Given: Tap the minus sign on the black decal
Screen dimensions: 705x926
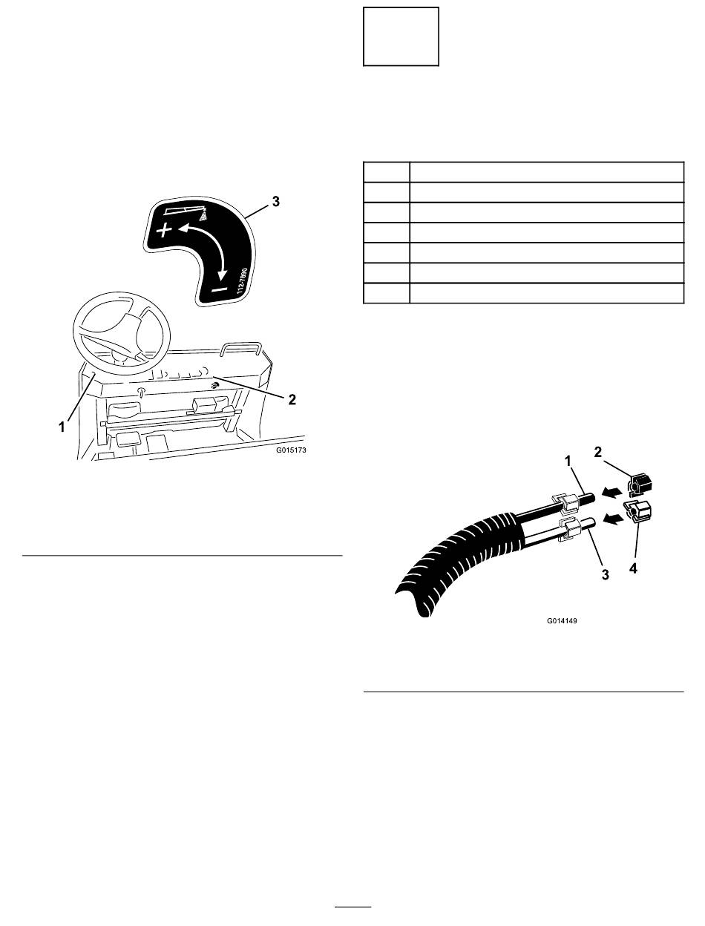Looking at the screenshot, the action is [220, 289].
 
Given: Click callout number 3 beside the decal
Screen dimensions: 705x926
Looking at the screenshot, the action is [276, 201].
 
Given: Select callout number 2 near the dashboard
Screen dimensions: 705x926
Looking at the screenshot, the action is [292, 399].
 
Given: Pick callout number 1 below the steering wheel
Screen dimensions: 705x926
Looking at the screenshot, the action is [62, 427].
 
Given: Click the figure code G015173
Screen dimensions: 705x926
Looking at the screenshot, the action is [291, 450].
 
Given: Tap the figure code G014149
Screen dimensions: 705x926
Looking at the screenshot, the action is [562, 620].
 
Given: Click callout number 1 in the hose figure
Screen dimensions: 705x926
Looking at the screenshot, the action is [568, 461].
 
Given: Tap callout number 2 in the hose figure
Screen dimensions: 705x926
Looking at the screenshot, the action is [598, 453].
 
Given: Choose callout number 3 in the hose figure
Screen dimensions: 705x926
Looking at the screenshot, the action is [606, 574].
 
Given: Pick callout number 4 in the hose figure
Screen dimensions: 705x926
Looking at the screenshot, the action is [633, 568].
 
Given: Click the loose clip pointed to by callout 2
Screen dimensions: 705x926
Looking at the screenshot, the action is [640, 485].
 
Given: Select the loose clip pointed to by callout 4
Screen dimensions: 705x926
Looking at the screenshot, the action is [638, 512].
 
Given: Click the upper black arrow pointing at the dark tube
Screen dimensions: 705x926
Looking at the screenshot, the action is [612, 492].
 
